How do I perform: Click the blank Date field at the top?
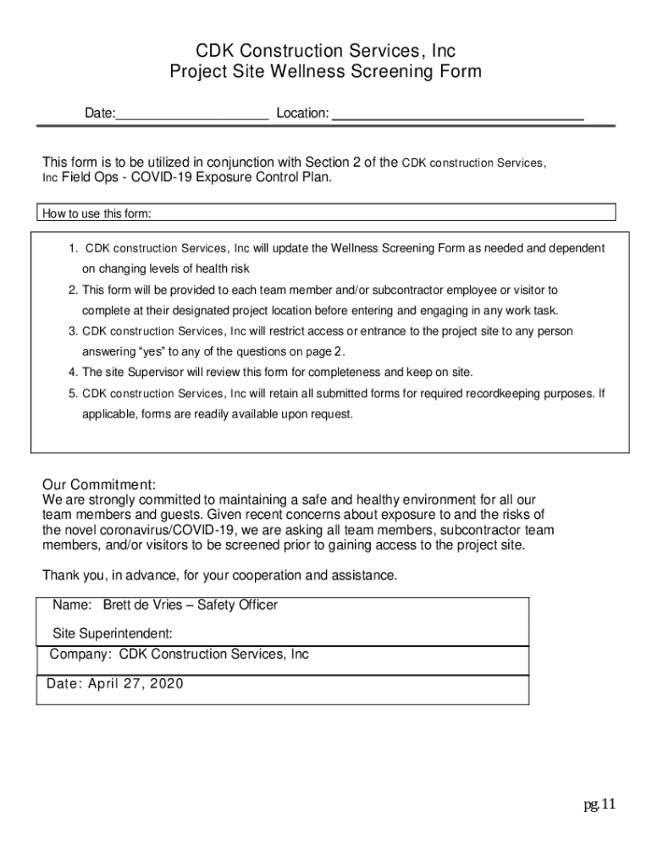click(x=192, y=113)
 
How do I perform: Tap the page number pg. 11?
click(x=599, y=803)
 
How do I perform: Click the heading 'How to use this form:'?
click(x=97, y=213)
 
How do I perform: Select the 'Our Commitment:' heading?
click(x=99, y=485)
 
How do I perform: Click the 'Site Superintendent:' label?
click(x=113, y=633)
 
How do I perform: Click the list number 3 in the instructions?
click(x=74, y=331)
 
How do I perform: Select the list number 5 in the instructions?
click(x=74, y=394)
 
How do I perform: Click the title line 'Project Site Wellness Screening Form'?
click(x=326, y=72)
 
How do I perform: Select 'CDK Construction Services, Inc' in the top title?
click(x=326, y=52)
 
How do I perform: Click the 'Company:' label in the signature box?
click(x=80, y=654)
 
